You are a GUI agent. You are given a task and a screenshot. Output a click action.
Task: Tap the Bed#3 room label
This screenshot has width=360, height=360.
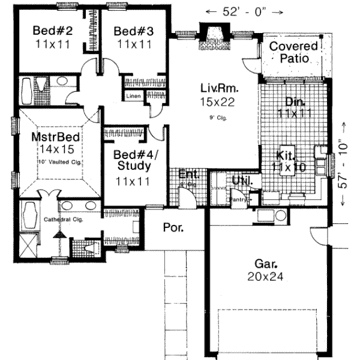pos(129,31)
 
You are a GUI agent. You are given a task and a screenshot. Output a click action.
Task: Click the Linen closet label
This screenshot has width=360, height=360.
pos(133,96)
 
